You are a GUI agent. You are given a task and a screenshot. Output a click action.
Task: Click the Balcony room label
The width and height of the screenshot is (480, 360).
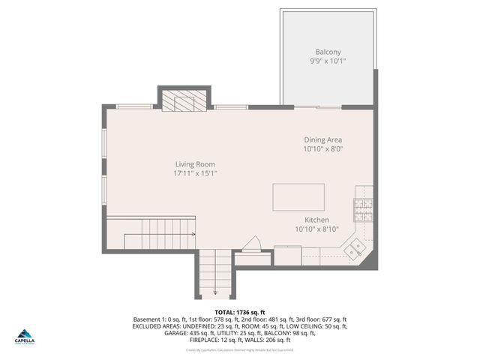328,52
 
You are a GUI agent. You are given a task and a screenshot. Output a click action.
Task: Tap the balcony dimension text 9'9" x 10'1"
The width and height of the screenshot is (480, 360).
328,61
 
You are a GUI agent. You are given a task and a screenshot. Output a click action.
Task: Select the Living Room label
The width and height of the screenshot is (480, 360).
195,164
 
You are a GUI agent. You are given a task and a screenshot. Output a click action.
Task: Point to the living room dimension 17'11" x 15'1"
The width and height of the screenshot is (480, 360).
195,173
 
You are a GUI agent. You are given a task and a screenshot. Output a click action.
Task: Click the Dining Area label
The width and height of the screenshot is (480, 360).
323,140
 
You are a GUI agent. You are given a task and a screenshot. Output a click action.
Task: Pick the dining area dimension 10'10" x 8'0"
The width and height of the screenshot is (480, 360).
323,149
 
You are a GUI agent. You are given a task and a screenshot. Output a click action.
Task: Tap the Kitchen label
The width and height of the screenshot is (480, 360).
316,220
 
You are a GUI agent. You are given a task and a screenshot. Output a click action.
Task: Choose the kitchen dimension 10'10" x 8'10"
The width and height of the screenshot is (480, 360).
316,229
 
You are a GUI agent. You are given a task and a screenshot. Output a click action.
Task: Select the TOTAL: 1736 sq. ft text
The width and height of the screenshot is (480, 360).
240,311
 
